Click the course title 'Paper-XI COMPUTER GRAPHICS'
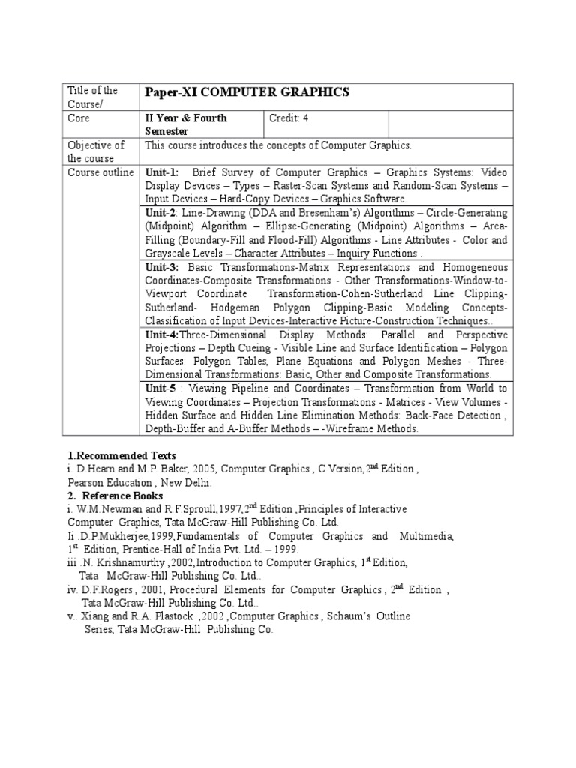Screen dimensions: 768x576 click(247, 91)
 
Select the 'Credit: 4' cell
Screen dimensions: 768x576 click(288, 118)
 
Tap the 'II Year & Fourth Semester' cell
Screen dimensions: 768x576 click(186, 124)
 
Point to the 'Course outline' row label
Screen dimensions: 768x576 click(100, 172)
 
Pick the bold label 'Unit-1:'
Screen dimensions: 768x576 click(162, 172)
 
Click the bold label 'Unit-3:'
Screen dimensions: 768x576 click(162, 267)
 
